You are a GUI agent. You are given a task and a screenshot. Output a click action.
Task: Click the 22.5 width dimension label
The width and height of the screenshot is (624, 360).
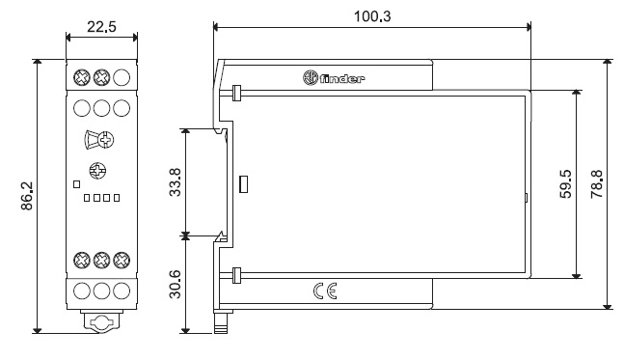101,27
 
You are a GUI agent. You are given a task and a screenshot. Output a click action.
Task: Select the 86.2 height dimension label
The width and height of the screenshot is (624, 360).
27,196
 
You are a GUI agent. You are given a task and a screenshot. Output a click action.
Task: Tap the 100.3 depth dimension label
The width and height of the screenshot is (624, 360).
372,16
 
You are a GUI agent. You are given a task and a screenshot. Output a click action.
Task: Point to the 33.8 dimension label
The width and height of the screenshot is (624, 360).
176,182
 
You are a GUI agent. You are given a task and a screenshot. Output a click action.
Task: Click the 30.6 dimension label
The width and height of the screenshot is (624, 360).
176,285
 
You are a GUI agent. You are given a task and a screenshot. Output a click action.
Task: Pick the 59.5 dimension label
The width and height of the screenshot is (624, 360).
565,183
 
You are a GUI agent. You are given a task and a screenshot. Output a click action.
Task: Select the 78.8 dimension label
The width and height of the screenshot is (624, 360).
597,183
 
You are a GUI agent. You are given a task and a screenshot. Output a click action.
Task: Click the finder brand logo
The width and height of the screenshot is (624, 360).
334,77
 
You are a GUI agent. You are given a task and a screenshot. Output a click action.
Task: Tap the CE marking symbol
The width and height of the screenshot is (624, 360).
325,291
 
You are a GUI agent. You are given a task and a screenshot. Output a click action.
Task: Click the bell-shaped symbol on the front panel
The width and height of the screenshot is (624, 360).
92,140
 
